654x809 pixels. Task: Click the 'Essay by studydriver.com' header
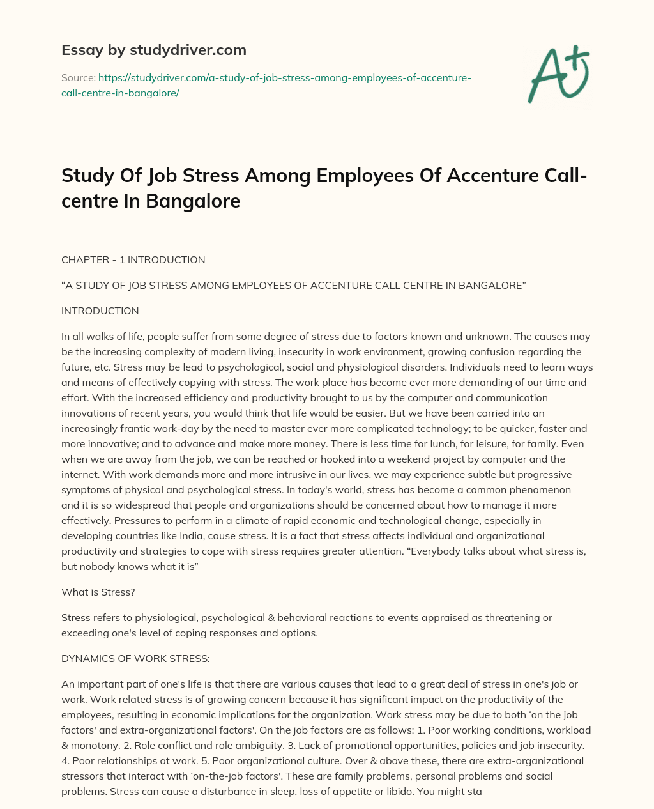154,50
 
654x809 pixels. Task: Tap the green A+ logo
558,75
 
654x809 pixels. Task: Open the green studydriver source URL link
266,85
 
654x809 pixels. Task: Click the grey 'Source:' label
78,77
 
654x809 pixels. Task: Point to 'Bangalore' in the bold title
193,201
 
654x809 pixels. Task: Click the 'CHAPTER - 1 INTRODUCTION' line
133,260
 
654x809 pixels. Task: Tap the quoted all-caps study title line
293,286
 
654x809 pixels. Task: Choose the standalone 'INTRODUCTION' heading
100,311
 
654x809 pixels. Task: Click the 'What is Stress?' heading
98,592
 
